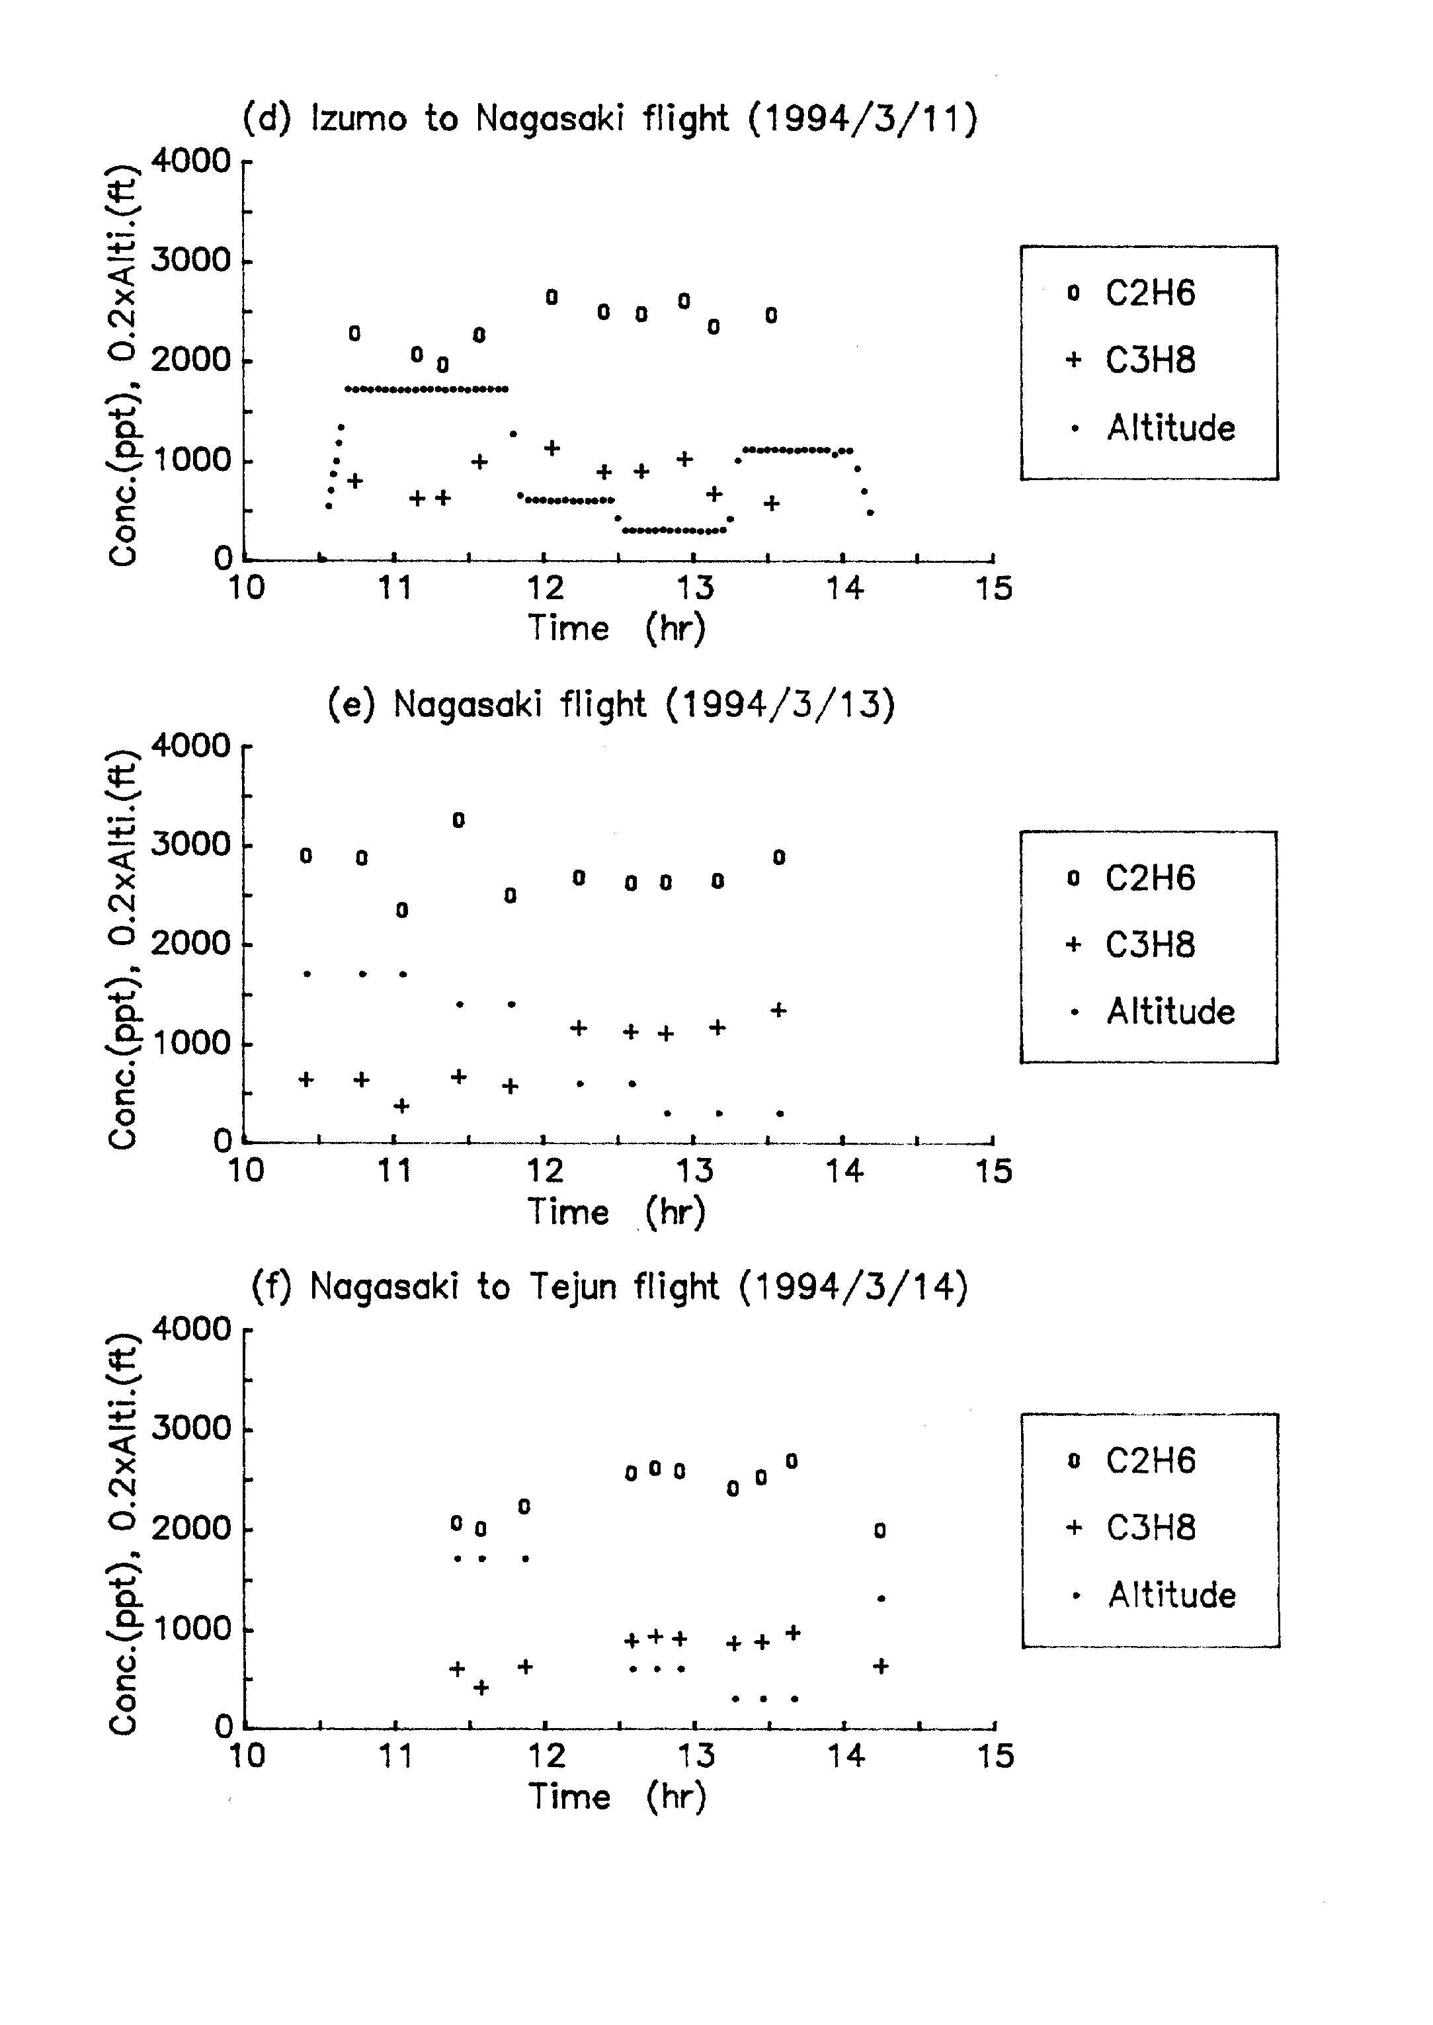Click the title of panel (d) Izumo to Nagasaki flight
point(610,119)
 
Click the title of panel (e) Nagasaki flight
point(610,705)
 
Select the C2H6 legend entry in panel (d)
point(1132,293)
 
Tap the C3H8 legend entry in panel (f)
point(1133,1528)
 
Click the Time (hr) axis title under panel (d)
point(617,628)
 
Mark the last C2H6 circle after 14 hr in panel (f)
point(880,1531)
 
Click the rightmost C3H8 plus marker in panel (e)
point(778,1011)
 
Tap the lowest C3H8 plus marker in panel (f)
point(481,1687)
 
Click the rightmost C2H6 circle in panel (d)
point(771,315)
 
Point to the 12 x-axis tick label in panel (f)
point(546,1756)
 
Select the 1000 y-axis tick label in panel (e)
point(192,1044)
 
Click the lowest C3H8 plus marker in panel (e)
point(401,1106)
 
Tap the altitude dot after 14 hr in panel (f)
point(881,1598)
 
